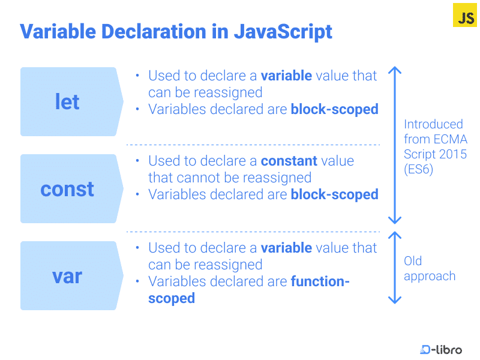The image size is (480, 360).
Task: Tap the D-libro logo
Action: (x=441, y=349)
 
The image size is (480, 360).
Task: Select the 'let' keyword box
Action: (x=68, y=102)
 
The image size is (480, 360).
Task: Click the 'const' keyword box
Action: (x=68, y=189)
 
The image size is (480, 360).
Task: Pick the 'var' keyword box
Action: (x=68, y=276)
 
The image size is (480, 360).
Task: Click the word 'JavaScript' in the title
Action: (x=282, y=31)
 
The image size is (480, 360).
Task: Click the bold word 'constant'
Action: (x=289, y=161)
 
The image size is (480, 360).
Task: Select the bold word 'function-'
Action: (x=320, y=281)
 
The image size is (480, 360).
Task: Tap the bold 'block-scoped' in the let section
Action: (x=334, y=109)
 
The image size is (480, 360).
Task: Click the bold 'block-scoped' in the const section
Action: (x=334, y=194)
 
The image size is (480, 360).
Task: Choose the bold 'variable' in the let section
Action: (x=286, y=76)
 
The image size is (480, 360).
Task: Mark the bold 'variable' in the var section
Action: (x=286, y=248)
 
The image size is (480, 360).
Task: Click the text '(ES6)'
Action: (x=418, y=170)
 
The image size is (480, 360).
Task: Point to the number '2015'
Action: (x=453, y=155)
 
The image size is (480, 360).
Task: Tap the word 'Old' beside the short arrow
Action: (x=413, y=261)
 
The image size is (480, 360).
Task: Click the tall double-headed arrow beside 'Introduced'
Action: (x=394, y=145)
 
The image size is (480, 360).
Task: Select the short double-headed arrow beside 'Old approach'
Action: (x=394, y=268)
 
